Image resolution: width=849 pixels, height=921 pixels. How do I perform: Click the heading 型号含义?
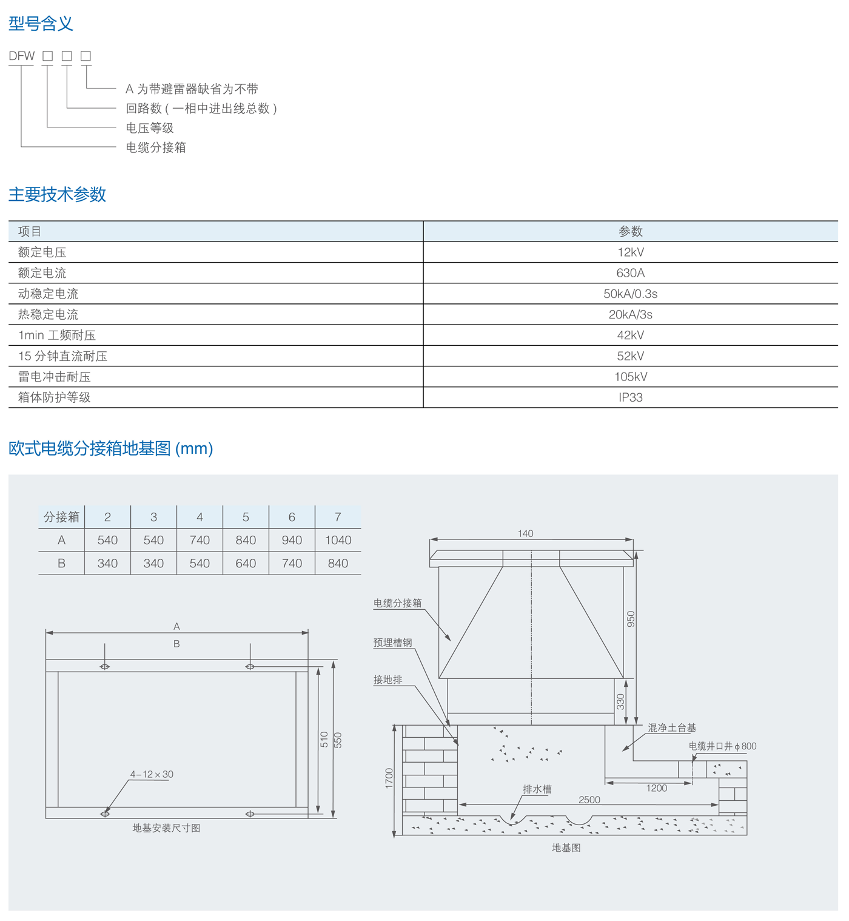(x=41, y=24)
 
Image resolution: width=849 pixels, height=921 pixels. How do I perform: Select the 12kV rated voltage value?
(x=630, y=252)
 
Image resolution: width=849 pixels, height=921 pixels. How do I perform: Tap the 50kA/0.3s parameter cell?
(x=630, y=294)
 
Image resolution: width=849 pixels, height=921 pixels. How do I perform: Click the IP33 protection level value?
(x=630, y=397)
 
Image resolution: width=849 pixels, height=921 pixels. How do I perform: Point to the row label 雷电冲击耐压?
(x=54, y=377)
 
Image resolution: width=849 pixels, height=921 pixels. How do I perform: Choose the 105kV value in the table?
(x=630, y=377)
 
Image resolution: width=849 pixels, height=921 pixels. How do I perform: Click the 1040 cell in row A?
(x=338, y=540)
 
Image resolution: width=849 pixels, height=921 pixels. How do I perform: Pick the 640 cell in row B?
(x=246, y=563)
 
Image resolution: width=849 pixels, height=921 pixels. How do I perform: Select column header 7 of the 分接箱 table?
(x=338, y=517)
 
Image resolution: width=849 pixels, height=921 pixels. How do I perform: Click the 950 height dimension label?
(x=631, y=619)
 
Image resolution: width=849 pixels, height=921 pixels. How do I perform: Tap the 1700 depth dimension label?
(x=389, y=778)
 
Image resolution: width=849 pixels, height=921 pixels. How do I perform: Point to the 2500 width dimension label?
(x=589, y=800)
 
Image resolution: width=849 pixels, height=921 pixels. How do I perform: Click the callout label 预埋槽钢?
(x=392, y=643)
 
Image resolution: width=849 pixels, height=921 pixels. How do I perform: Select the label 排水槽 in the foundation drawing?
(x=537, y=789)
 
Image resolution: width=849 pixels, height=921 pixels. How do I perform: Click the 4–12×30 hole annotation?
(x=152, y=774)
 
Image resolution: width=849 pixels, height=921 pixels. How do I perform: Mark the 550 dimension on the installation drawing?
(x=338, y=740)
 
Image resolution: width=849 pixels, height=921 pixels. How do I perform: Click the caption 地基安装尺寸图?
(x=166, y=828)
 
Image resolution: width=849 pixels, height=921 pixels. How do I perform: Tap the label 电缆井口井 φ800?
(x=722, y=746)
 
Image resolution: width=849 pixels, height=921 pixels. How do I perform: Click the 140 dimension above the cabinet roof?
(x=525, y=533)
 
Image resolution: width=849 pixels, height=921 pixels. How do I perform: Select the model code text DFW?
(x=22, y=56)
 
